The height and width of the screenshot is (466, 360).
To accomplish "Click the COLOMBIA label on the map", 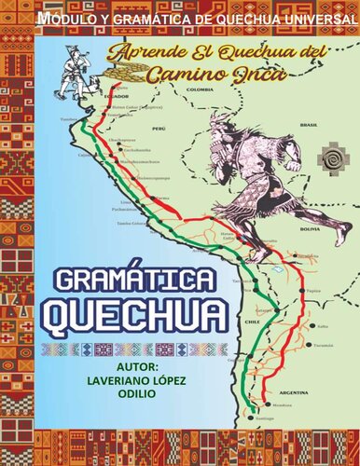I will click(200, 89).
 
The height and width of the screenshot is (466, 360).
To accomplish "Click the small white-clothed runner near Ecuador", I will click(88, 67).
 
